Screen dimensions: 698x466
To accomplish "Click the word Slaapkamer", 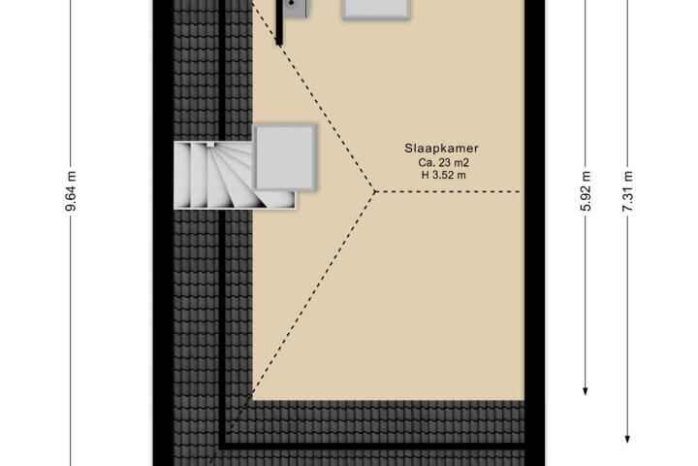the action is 442,149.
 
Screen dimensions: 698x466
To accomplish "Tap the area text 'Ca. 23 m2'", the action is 443,163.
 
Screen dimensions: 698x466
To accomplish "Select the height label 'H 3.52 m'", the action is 443,176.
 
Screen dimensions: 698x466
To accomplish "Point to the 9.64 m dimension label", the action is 71,190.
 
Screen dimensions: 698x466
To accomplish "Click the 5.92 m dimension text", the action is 587,191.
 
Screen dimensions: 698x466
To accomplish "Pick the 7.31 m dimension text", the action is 627,191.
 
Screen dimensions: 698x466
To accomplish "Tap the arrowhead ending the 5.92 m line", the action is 586,390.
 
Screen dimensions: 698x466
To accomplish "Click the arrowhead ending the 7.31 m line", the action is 627,439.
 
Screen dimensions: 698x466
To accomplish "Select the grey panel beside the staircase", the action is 285,157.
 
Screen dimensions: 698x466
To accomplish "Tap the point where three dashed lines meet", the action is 375,192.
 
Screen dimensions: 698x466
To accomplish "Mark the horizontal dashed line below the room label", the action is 447,192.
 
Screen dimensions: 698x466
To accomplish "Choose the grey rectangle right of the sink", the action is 376,10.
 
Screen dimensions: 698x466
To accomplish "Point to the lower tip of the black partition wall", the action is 279,44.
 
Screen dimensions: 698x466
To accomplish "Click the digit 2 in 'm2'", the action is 465,163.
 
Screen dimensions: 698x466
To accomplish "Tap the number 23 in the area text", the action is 445,163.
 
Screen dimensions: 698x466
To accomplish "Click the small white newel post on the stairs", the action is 210,144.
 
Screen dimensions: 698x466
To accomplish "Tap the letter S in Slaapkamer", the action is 408,149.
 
